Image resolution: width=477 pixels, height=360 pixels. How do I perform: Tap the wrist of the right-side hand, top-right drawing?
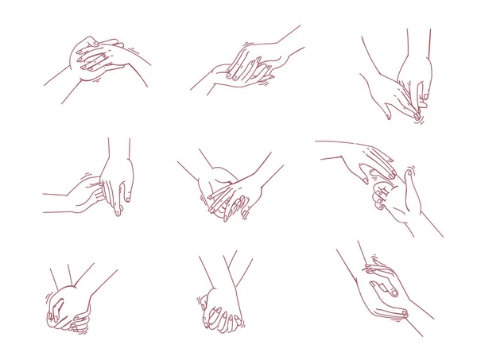point(418,64)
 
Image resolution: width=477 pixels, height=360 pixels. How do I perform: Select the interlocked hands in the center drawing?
point(227,192)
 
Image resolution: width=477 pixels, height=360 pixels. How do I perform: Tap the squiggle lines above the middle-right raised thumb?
point(411,168)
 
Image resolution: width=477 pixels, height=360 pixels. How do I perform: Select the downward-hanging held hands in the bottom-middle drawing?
point(220,312)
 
